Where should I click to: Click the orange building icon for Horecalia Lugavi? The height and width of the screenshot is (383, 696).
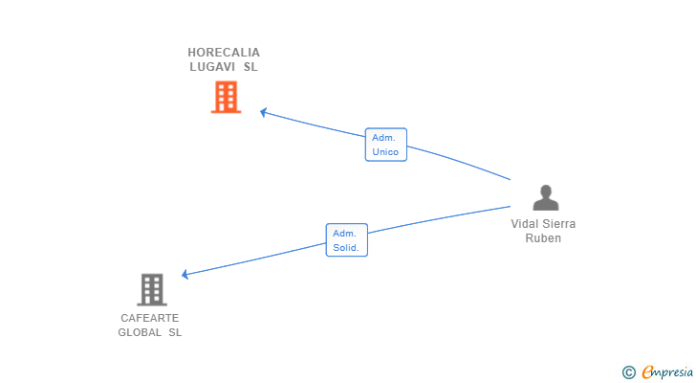click(x=226, y=97)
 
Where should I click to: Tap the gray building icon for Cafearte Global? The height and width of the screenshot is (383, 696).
click(x=151, y=289)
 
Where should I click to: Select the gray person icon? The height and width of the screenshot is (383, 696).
click(x=545, y=197)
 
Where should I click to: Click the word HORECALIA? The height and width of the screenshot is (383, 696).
click(x=224, y=53)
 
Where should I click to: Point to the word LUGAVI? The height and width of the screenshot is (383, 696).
click(x=211, y=67)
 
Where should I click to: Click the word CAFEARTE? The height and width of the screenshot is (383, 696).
click(x=150, y=318)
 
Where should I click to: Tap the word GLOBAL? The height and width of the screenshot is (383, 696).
click(x=140, y=332)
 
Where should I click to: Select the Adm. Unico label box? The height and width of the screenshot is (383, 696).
click(x=385, y=145)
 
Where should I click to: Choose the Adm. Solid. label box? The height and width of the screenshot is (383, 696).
click(x=346, y=239)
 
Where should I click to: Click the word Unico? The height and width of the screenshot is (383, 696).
click(x=385, y=152)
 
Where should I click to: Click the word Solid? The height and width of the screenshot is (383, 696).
click(x=346, y=247)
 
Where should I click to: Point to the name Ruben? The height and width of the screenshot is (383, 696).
click(x=543, y=237)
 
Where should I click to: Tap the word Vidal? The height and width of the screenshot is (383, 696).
click(x=525, y=223)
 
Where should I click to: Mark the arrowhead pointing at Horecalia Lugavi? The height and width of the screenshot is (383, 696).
click(x=264, y=112)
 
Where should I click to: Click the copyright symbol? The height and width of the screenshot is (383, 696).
click(x=628, y=372)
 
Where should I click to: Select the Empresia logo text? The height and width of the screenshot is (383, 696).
click(x=666, y=372)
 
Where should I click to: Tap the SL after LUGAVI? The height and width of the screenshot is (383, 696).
click(x=250, y=67)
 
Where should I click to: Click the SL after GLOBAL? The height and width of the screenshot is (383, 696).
click(x=175, y=332)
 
